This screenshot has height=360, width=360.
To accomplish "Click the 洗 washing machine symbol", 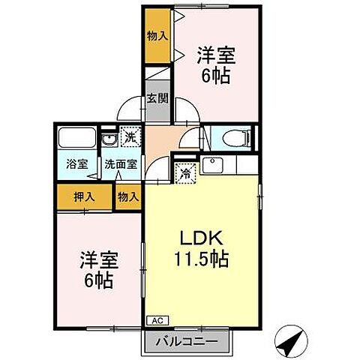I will coord(130,138).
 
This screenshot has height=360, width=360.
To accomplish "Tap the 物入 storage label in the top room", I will coord(157,34).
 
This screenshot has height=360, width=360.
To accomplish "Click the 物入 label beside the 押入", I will coord(128,197).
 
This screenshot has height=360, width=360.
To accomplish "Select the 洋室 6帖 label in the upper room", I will coord(214,64).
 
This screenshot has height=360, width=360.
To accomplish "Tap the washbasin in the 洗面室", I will coord(109,140).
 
